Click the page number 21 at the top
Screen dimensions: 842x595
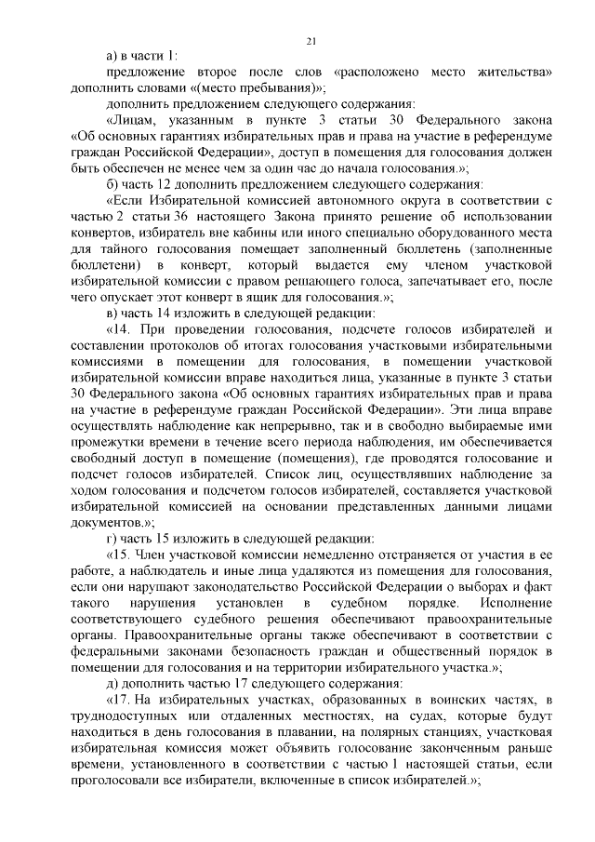point(311,39)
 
